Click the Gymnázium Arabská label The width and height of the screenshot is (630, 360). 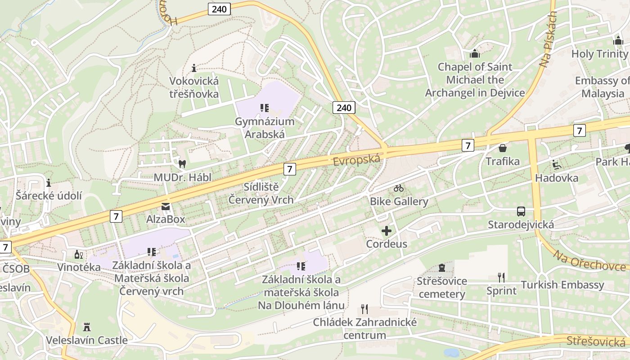pyautogui.click(x=264, y=128)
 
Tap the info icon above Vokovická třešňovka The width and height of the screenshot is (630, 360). pyautogui.click(x=194, y=68)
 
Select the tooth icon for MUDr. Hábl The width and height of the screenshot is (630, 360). pyautogui.click(x=182, y=164)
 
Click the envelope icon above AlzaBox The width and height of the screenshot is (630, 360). pyautogui.click(x=166, y=207)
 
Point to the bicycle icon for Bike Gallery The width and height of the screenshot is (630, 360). pyautogui.click(x=399, y=188)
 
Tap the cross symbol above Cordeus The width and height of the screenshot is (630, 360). pyautogui.click(x=386, y=231)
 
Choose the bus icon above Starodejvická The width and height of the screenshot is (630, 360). pyautogui.click(x=521, y=211)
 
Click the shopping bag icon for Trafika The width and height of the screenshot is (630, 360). pyautogui.click(x=502, y=148)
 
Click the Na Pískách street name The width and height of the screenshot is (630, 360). pyautogui.click(x=548, y=40)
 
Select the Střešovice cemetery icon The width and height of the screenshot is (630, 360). pyautogui.click(x=441, y=268)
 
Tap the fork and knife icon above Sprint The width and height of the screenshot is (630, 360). pyautogui.click(x=501, y=277)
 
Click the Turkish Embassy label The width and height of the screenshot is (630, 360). pyautogui.click(x=562, y=285)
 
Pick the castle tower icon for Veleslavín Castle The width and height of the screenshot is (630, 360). pyautogui.click(x=87, y=327)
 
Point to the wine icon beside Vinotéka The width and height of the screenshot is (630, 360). pyautogui.click(x=79, y=254)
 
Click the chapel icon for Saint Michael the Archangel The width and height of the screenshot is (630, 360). pyautogui.click(x=475, y=54)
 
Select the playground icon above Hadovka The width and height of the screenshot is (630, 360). pyautogui.click(x=557, y=165)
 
